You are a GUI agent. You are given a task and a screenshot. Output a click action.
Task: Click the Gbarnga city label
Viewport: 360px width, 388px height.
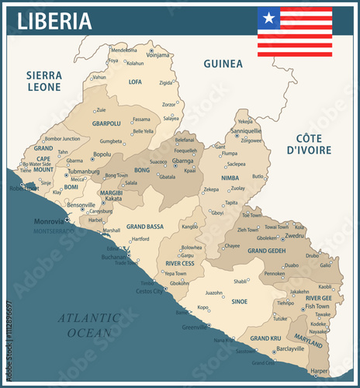(183, 161)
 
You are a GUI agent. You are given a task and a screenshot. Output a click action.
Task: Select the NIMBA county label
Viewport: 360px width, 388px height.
(230, 178)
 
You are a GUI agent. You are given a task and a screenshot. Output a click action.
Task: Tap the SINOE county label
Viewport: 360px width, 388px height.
(238, 300)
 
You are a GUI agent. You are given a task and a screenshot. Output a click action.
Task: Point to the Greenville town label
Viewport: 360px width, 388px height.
(195, 327)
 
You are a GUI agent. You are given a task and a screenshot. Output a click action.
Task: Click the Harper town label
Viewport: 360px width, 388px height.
(319, 371)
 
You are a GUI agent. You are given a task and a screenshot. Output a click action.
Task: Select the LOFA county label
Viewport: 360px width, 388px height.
(135, 81)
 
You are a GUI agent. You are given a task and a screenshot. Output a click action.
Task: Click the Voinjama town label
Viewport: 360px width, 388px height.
(157, 55)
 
